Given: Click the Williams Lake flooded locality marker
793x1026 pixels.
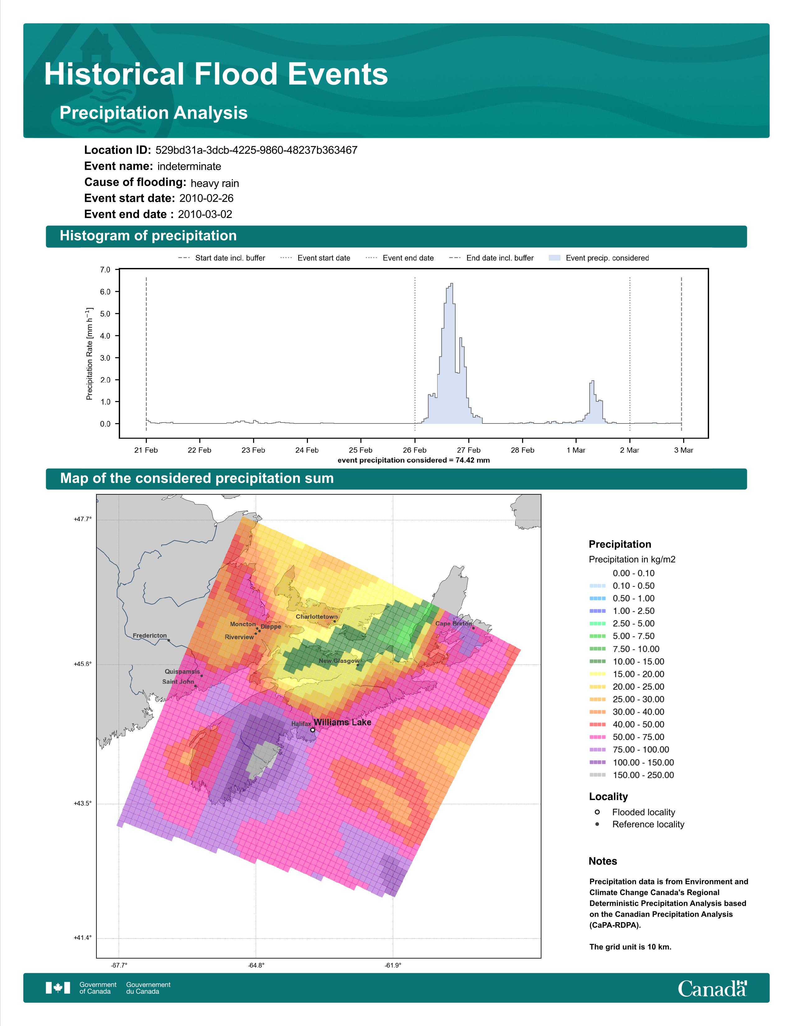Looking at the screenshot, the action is (x=313, y=730).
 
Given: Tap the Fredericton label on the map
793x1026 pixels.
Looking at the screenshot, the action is (x=149, y=635).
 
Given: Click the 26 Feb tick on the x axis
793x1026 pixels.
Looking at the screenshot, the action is (x=414, y=450).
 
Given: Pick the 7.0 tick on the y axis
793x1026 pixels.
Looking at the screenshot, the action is (x=105, y=270).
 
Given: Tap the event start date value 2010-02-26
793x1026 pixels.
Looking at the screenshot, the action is (x=206, y=198).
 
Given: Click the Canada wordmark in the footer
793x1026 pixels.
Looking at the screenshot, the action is (x=712, y=988).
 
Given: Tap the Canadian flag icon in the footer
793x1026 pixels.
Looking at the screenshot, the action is (x=58, y=988).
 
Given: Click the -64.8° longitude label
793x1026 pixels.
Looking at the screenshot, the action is (x=257, y=965).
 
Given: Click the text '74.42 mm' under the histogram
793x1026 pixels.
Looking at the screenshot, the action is (x=473, y=460).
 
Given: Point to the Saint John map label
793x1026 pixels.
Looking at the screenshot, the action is (x=178, y=681).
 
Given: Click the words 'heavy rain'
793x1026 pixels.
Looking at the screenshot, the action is (x=215, y=183).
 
